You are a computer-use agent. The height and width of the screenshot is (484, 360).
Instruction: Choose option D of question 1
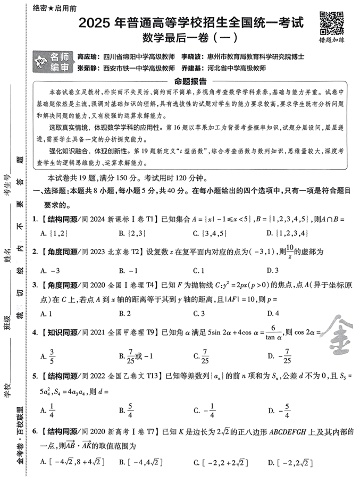coord(289,233)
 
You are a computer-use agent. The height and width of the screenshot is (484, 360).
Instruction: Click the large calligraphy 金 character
coord(335,339)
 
